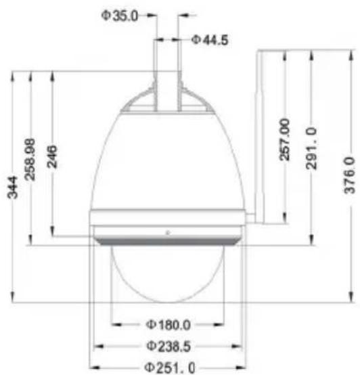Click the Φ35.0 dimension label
click(x=120, y=16)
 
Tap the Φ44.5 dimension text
click(x=210, y=40)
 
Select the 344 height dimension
click(x=12, y=187)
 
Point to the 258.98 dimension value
click(x=30, y=160)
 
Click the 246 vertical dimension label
click(x=52, y=156)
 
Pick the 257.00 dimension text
click(x=284, y=139)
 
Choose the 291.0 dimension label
click(x=311, y=148)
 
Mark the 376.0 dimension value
click(x=349, y=175)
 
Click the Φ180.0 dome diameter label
click(x=168, y=325)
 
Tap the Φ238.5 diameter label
click(x=168, y=346)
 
